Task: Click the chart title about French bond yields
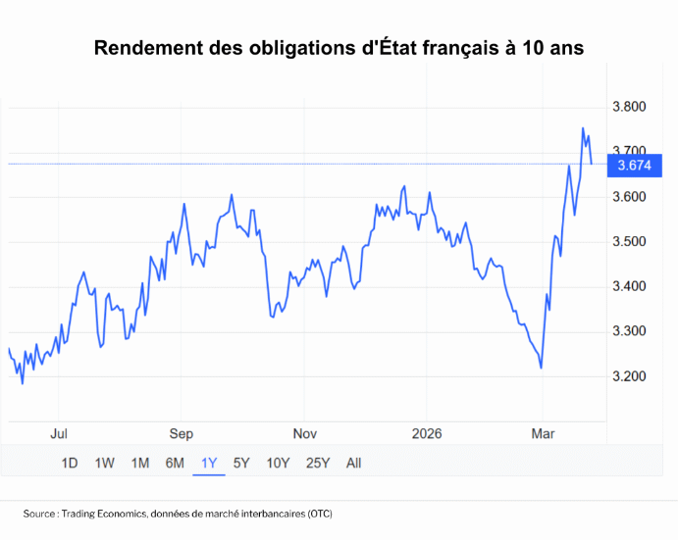pyautogui.click(x=339, y=48)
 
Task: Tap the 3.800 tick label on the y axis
pyautogui.click(x=628, y=107)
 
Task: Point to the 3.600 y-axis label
pyautogui.click(x=628, y=197)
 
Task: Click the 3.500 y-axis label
pyautogui.click(x=628, y=242)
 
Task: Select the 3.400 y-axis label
pyautogui.click(x=628, y=286)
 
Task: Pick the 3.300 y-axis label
pyautogui.click(x=628, y=331)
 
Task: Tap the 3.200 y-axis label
pyautogui.click(x=628, y=376)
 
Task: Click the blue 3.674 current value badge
pyautogui.click(x=633, y=166)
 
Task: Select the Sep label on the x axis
pyautogui.click(x=182, y=433)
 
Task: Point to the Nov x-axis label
pyautogui.click(x=304, y=433)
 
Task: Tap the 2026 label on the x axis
pyautogui.click(x=427, y=433)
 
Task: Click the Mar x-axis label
pyautogui.click(x=543, y=433)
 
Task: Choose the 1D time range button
pyautogui.click(x=70, y=463)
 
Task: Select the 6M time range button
pyautogui.click(x=175, y=463)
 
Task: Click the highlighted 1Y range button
pyautogui.click(x=209, y=463)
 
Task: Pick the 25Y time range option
pyautogui.click(x=318, y=463)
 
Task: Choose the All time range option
pyautogui.click(x=354, y=463)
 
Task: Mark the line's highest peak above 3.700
pyautogui.click(x=583, y=128)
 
